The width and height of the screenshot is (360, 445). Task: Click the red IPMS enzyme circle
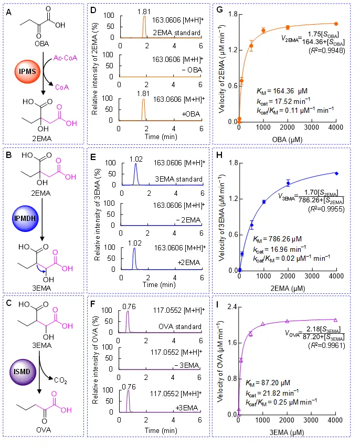(x=27, y=71)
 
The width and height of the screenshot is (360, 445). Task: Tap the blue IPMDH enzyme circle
(x=25, y=218)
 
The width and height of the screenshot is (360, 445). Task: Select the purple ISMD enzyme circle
(x=23, y=372)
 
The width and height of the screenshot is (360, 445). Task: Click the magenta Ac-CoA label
(x=65, y=58)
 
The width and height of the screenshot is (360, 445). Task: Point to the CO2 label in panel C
(x=60, y=380)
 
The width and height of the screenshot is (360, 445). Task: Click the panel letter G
(x=219, y=9)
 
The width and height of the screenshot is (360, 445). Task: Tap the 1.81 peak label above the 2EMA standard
(x=144, y=12)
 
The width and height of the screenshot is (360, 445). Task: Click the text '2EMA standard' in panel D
(x=177, y=33)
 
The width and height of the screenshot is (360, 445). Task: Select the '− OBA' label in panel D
(x=192, y=70)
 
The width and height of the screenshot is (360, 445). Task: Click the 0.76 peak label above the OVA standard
(x=129, y=306)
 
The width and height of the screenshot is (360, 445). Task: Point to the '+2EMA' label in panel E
(x=188, y=262)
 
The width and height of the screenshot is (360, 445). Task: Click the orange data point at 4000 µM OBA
(x=336, y=24)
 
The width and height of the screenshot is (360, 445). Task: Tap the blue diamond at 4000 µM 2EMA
(x=337, y=173)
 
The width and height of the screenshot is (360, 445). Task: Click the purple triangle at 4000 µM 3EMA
(x=335, y=320)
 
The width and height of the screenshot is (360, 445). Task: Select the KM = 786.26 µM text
(x=277, y=239)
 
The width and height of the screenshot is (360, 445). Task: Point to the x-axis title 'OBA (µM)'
(x=288, y=140)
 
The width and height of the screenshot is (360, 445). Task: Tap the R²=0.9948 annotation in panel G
(x=327, y=51)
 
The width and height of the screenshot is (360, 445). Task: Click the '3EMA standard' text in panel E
(x=178, y=179)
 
